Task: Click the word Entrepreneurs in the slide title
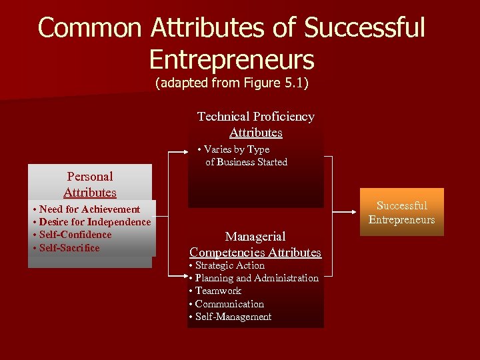231,59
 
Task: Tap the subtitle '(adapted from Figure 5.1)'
231,84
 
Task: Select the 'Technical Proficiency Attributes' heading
256,124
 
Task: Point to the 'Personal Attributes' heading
90,185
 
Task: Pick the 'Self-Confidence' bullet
75,235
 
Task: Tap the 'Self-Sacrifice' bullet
69,248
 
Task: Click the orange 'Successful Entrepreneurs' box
401,213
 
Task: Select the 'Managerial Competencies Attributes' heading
255,244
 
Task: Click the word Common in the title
90,28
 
